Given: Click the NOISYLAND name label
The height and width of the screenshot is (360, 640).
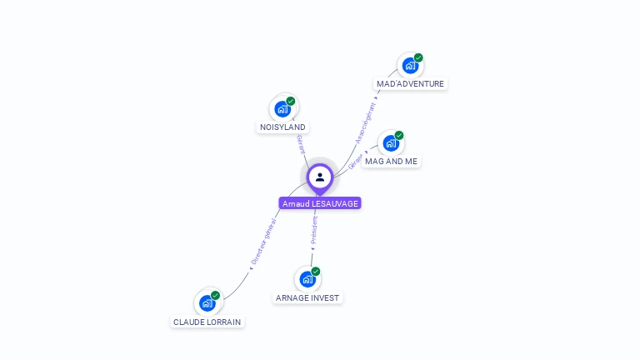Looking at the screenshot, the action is click(x=282, y=127).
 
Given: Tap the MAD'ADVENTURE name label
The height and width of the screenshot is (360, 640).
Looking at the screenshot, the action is click(x=410, y=84).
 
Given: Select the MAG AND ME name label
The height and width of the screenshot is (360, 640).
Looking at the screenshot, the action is click(x=391, y=162).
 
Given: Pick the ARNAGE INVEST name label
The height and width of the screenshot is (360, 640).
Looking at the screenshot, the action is click(x=307, y=297).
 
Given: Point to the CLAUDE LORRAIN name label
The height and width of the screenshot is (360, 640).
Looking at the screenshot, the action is click(x=208, y=322).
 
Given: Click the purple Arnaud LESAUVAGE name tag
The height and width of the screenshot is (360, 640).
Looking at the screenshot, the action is click(x=320, y=203).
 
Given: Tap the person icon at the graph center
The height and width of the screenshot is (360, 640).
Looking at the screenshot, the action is click(x=320, y=177).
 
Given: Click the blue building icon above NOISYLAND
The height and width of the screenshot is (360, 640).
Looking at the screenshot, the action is click(x=282, y=108).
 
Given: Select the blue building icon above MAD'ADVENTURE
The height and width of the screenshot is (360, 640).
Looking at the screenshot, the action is click(x=410, y=65).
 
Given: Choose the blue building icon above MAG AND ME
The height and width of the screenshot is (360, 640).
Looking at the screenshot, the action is click(x=391, y=142).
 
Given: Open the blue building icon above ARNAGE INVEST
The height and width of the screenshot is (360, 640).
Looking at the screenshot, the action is click(x=307, y=278).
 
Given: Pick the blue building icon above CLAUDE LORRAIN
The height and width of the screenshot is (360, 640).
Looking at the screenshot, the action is click(x=207, y=302).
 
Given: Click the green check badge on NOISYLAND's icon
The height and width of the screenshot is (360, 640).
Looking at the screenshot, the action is click(x=291, y=101).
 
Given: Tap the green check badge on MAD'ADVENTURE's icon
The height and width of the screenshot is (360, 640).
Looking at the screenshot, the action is click(x=418, y=57).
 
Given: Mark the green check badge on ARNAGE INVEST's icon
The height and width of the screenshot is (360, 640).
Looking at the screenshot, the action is click(x=316, y=271).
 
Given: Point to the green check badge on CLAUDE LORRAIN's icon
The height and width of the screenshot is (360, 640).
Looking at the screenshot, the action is click(x=216, y=295).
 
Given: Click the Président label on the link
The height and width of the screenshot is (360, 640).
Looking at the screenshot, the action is click(x=314, y=231).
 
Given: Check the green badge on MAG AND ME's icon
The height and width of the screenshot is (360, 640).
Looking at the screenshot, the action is click(x=399, y=135).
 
